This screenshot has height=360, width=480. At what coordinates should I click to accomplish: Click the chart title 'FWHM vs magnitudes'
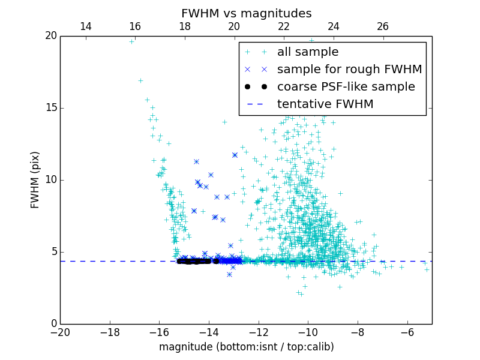pos(246,13)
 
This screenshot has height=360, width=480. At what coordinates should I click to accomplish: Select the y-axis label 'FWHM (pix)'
pos(35,180)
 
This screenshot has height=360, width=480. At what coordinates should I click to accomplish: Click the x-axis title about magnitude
pos(246,347)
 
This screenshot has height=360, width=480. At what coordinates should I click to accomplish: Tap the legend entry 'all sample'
pos(308,52)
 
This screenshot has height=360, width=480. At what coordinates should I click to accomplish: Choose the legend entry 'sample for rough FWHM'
pos(349,70)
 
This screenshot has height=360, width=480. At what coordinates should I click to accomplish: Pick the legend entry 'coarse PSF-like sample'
pos(346,87)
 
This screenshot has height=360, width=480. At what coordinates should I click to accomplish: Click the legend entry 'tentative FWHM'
pos(325,104)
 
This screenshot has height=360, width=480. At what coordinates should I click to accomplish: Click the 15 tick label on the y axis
pos(50,108)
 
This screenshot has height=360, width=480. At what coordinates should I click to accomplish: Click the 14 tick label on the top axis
pos(85,26)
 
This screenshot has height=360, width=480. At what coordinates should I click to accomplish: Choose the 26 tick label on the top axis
pos(383,26)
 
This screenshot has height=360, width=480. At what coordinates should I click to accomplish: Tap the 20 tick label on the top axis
pos(234,26)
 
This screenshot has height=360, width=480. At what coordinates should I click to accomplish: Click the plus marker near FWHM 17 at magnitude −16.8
pos(140,80)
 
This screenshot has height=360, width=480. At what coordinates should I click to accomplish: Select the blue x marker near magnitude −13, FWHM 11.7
pos(235,155)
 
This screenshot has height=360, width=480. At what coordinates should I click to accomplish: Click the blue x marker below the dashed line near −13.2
pos(229,274)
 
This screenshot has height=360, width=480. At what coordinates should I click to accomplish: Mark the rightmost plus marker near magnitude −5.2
pos(427,269)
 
